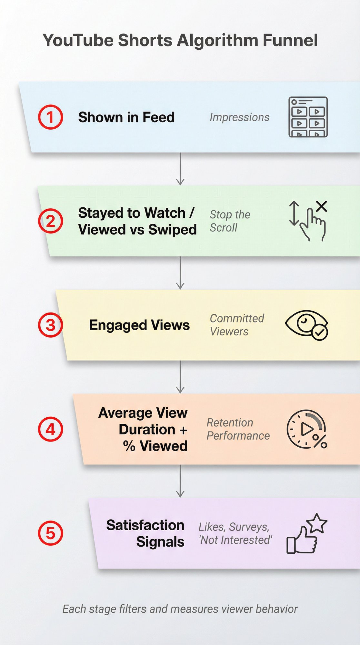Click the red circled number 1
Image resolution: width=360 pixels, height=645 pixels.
51,117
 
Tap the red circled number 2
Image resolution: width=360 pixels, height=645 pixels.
51,221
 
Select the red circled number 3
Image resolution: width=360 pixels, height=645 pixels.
51,325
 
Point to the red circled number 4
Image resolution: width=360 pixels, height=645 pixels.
51,429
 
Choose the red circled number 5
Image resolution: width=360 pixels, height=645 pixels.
51,533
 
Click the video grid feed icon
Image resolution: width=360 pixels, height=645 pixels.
308,117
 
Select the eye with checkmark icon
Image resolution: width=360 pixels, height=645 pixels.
306,325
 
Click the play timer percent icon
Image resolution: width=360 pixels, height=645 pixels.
307,429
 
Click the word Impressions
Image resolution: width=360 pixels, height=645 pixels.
239,117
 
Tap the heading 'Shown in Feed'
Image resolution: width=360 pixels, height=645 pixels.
126,117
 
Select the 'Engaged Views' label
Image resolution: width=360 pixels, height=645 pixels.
139,325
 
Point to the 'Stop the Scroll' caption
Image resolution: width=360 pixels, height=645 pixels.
230,221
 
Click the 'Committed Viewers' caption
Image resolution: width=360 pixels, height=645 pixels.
237,325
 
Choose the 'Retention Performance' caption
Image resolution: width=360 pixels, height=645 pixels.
238,429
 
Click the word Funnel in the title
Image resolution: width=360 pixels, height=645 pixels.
290,41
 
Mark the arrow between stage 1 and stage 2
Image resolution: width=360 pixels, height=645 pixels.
180,169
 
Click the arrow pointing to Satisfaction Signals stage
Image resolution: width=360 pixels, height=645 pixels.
180,481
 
